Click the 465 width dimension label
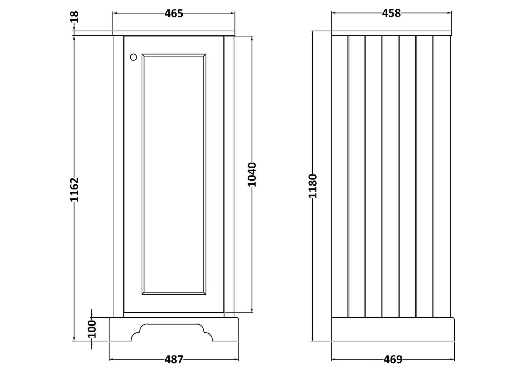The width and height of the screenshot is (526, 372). pyautogui.click(x=174, y=13)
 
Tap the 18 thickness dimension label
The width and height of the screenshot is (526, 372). pyautogui.click(x=75, y=17)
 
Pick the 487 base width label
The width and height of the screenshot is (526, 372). pyautogui.click(x=174, y=360)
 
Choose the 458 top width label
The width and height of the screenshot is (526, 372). pyautogui.click(x=391, y=13)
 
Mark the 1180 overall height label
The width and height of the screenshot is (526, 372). pyautogui.click(x=313, y=186)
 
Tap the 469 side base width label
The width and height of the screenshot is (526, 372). pyautogui.click(x=393, y=360)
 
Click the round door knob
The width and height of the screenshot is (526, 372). pyautogui.click(x=133, y=57)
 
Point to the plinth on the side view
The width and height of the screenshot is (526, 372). pyautogui.click(x=393, y=329)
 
